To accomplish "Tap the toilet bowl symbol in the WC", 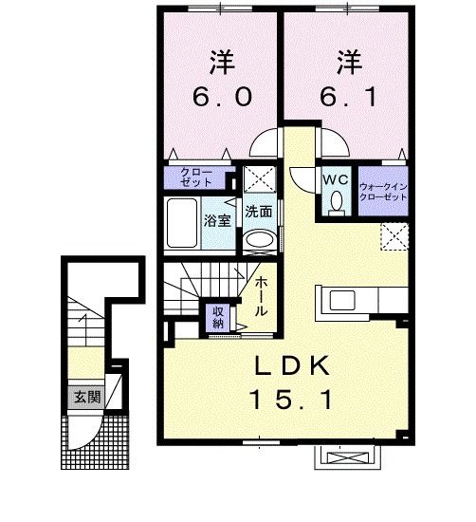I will (337, 202).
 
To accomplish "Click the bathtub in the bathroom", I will (180, 223).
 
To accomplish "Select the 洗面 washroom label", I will (258, 212).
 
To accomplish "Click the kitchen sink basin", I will (339, 301).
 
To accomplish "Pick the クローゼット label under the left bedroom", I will (196, 177).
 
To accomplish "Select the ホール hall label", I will (261, 296).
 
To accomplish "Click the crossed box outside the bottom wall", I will (348, 458).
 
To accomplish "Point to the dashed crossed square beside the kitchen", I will (394, 234).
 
